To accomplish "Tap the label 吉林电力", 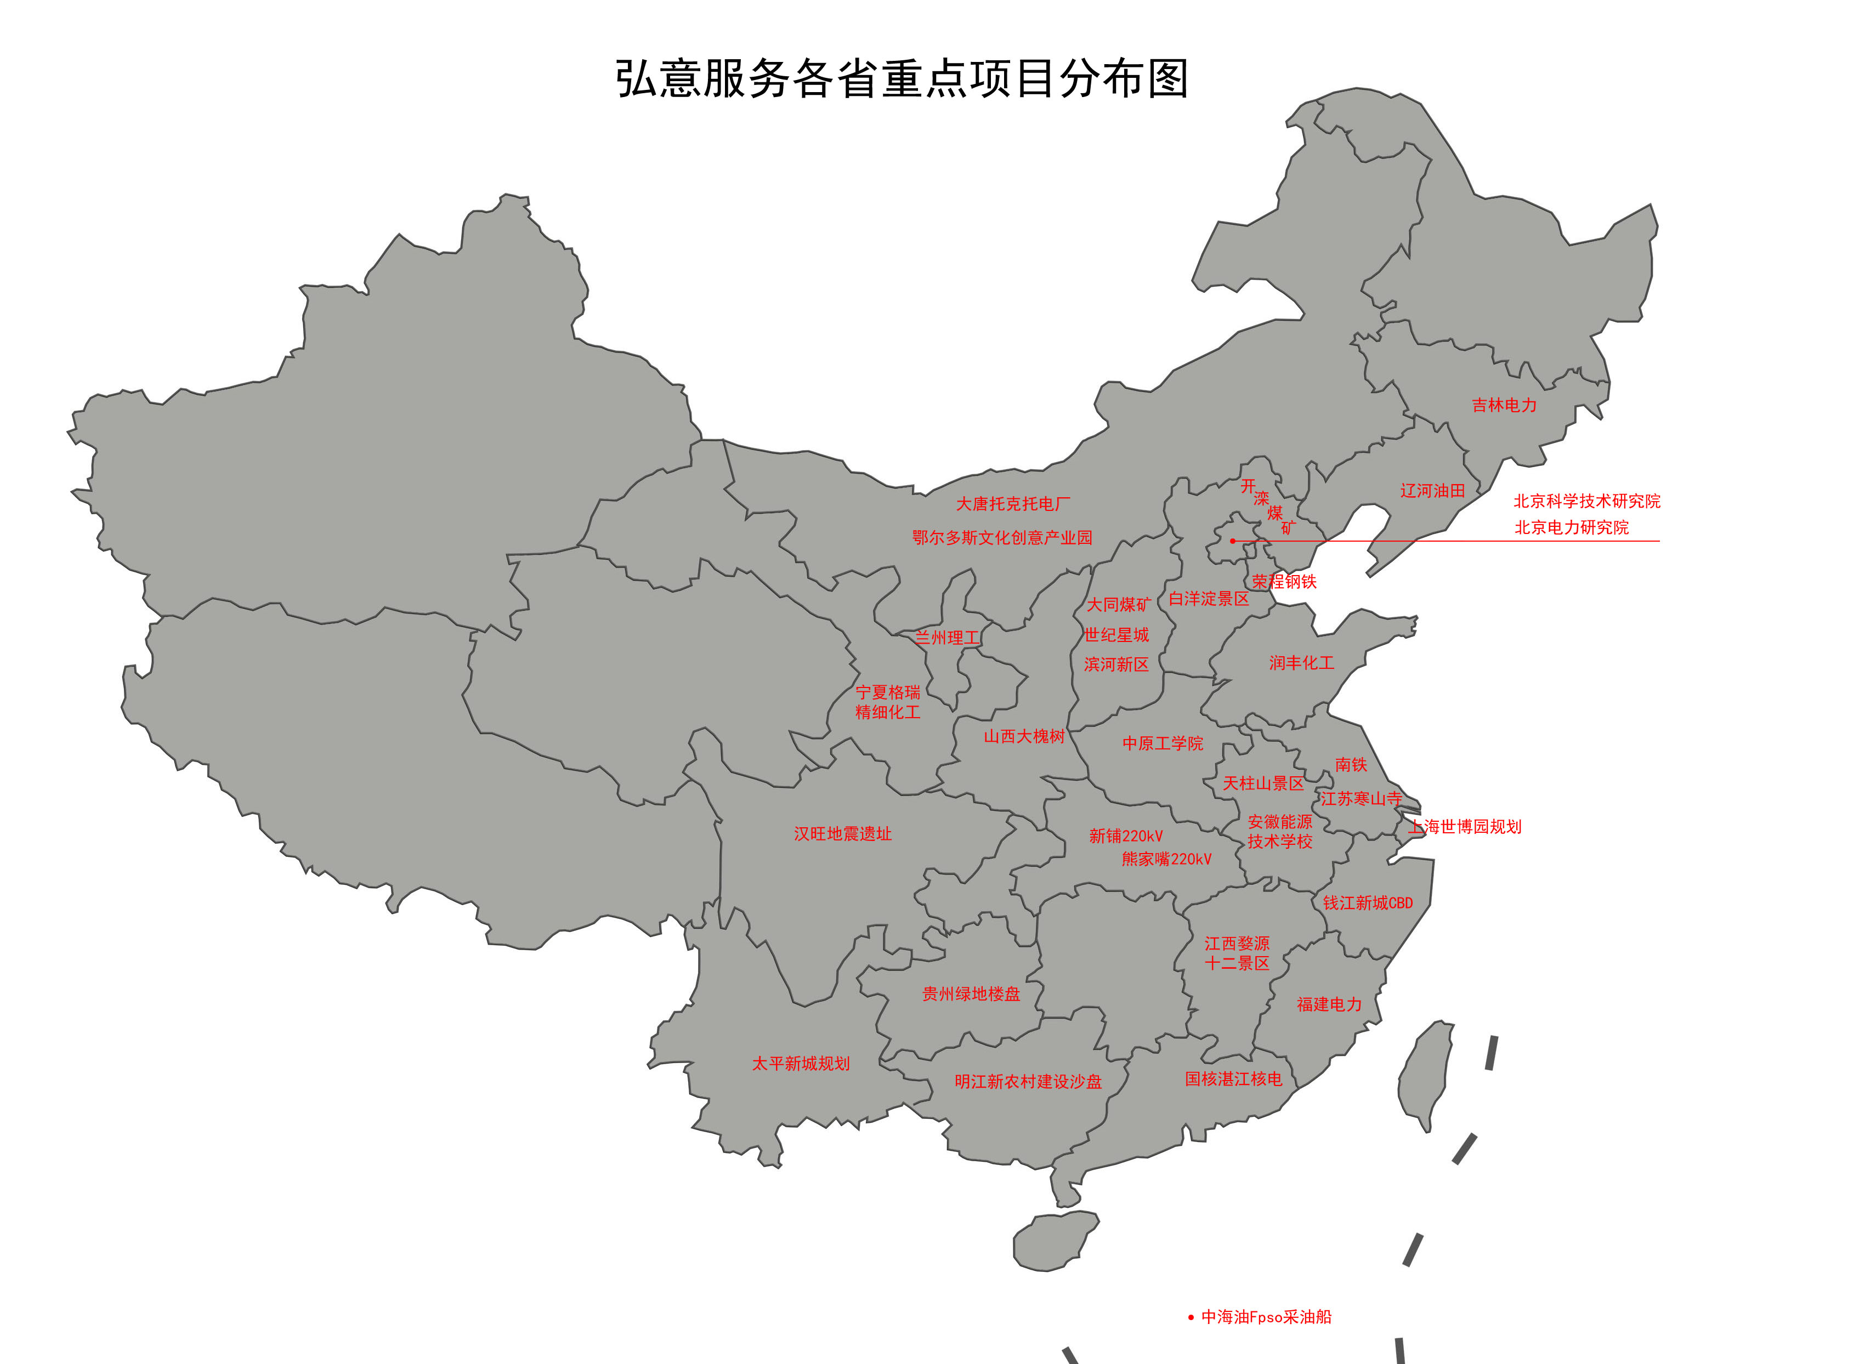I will tap(1504, 405).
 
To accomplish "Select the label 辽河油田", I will tap(1432, 491).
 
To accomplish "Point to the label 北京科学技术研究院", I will tap(1586, 501).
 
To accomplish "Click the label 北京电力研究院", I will tap(1571, 528).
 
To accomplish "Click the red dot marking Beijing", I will tap(1232, 541).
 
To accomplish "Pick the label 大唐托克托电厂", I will tap(1012, 504).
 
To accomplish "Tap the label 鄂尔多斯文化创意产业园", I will tap(1002, 538).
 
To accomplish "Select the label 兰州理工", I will tap(946, 638).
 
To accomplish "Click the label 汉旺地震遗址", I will tap(842, 834).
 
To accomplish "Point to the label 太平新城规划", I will tap(800, 1064).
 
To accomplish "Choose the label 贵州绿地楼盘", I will tap(971, 994).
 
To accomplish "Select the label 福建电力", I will tap(1328, 1004).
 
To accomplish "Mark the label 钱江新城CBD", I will tap(1367, 903).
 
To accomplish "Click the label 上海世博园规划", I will tap(1465, 826).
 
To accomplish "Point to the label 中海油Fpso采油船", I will tap(1266, 1317).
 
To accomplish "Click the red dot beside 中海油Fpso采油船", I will tap(1191, 1318).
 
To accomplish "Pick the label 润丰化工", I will tap(1301, 663).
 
